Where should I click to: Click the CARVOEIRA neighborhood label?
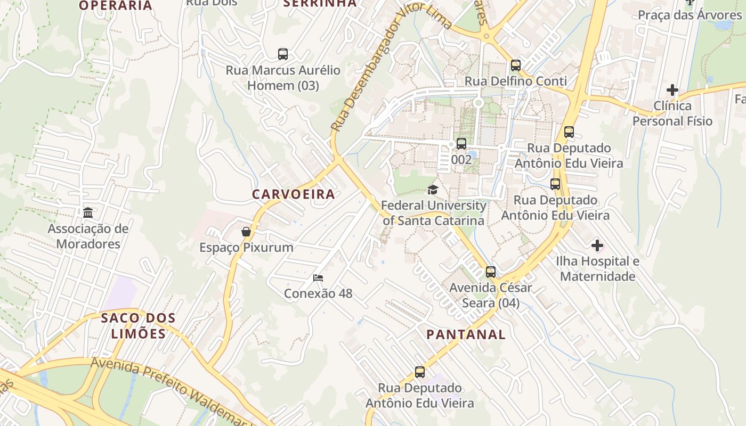[x=294, y=194]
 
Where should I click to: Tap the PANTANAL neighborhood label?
[x=466, y=334]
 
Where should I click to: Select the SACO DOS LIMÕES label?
[x=138, y=326]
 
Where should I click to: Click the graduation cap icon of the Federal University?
[x=433, y=190]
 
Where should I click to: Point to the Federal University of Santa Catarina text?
[x=433, y=212]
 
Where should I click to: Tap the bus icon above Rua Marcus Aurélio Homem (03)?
[x=283, y=54]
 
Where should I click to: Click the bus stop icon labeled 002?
[x=461, y=144]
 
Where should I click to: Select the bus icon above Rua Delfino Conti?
[x=516, y=65]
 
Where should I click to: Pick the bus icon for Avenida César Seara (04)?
[x=491, y=272]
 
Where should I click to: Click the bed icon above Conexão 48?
[x=318, y=277]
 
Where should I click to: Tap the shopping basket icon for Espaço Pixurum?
[x=246, y=232]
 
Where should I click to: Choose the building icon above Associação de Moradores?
[x=88, y=213]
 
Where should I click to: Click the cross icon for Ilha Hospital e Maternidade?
[x=597, y=245]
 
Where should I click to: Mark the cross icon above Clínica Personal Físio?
[x=672, y=90]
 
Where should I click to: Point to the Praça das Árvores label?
[x=690, y=14]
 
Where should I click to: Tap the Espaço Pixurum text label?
[x=246, y=248]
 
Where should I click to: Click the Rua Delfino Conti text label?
[x=516, y=81]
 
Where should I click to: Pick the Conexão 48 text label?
[x=318, y=293]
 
